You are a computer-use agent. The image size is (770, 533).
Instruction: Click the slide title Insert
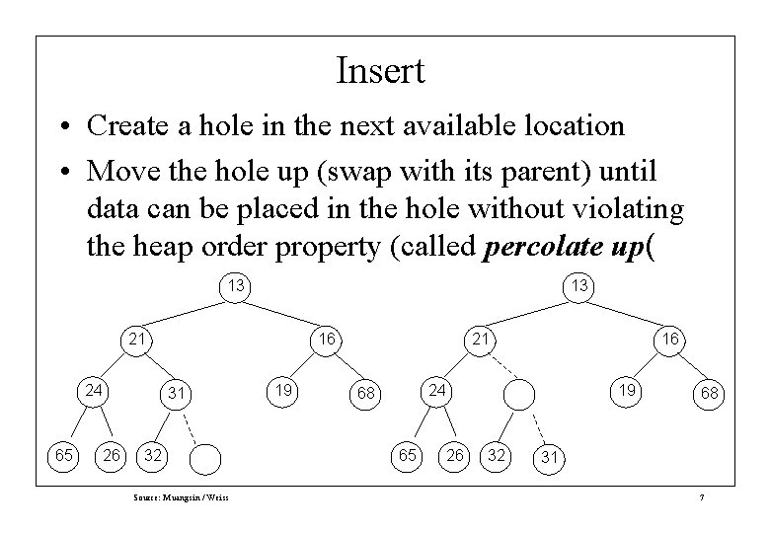(x=380, y=71)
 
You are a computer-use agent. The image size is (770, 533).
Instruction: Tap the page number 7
(x=700, y=496)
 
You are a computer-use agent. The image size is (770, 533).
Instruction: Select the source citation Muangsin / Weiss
(x=181, y=496)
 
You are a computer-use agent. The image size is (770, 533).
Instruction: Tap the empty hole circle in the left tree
(x=205, y=458)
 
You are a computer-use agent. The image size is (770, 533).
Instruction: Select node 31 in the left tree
(x=176, y=394)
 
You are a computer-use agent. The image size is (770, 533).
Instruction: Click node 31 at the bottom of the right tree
(x=551, y=457)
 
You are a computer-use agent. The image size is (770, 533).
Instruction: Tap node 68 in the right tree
(x=710, y=394)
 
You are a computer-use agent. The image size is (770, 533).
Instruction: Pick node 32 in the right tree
(x=498, y=456)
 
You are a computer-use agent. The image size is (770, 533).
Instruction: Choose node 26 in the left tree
(x=113, y=456)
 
